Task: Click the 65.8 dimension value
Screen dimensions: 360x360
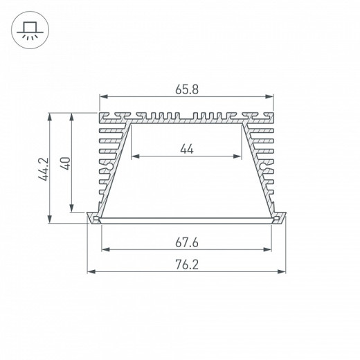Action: point(185,89)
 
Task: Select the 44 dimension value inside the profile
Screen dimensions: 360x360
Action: point(186,147)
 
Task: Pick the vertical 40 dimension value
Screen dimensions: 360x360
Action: point(64,163)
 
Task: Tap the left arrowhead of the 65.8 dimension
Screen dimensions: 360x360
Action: point(104,98)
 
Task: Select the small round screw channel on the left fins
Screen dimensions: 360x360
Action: point(109,166)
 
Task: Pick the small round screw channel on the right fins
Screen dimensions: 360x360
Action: point(264,166)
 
